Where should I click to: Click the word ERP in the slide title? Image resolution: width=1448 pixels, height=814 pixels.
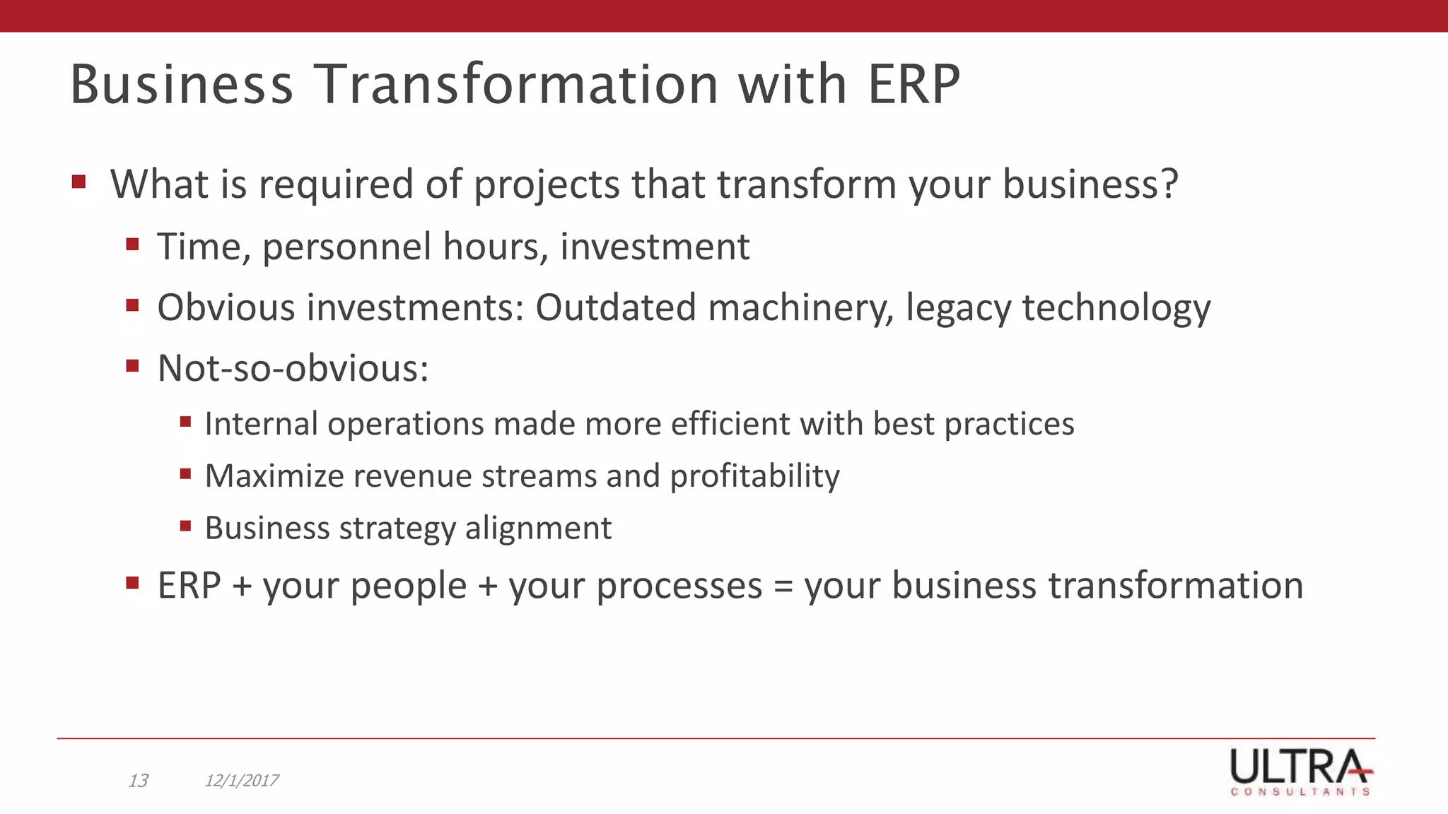(913, 85)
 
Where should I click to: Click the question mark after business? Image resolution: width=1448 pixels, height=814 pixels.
(1169, 184)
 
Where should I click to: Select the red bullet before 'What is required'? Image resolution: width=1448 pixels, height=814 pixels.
(78, 182)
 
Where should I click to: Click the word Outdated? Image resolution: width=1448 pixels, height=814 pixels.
(616, 308)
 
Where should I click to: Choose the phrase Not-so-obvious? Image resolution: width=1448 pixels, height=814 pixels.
(293, 369)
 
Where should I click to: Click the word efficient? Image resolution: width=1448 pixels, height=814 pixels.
(730, 424)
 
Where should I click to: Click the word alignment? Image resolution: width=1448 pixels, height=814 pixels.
(538, 529)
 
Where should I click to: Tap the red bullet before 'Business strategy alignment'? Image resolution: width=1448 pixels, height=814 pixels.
(186, 526)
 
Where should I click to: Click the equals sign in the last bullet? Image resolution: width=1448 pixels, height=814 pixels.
(783, 586)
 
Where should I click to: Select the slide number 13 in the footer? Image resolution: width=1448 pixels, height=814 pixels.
(138, 781)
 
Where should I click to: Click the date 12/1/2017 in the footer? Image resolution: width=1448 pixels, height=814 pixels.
(241, 781)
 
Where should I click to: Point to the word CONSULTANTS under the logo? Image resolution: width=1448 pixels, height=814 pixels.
(1300, 792)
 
